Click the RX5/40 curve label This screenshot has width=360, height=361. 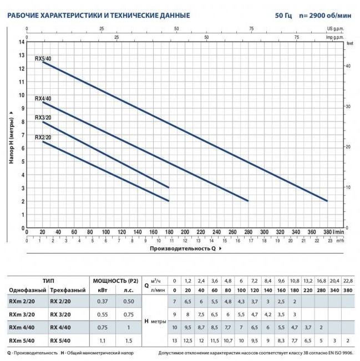[43, 58]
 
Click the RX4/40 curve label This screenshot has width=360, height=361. [43, 99]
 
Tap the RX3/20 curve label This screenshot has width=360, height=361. [43, 118]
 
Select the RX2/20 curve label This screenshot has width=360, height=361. [43, 137]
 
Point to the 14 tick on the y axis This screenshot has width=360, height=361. [22, 42]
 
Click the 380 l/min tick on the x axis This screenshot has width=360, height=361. [327, 232]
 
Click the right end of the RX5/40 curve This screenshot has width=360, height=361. [327, 201]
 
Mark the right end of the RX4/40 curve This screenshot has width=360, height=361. [247, 201]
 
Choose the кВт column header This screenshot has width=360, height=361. [103, 290]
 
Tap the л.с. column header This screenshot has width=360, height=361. [129, 290]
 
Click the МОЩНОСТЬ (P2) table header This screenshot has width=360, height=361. [116, 281]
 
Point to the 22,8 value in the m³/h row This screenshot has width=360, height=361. [348, 281]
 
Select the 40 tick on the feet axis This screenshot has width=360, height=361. [349, 65]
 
